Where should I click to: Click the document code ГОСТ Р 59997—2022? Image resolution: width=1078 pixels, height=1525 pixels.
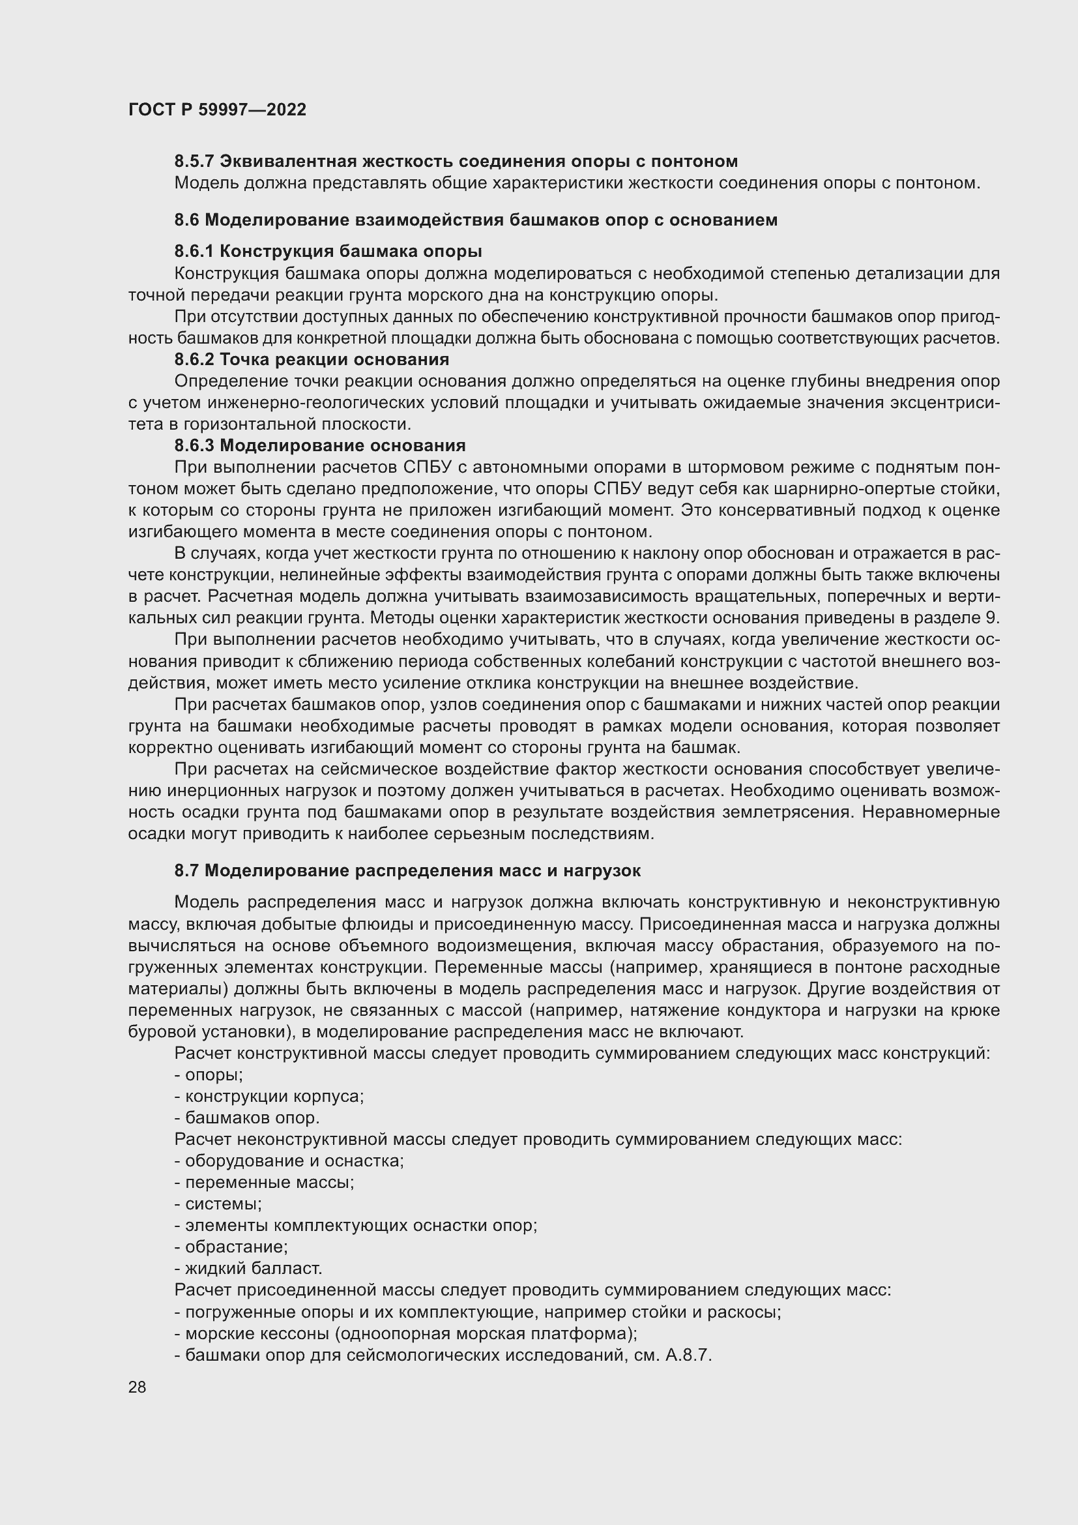click(217, 110)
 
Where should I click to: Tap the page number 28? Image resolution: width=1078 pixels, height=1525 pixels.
click(138, 1387)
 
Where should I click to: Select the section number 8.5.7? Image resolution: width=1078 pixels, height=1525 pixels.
click(194, 162)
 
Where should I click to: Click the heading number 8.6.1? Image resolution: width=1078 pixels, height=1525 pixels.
click(194, 251)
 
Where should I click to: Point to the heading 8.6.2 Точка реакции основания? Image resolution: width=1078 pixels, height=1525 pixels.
click(312, 359)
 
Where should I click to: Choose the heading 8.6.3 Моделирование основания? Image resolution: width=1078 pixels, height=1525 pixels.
click(320, 445)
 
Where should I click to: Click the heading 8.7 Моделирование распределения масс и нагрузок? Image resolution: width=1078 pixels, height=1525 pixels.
click(407, 870)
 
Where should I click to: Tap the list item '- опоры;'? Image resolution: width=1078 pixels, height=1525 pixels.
click(209, 1074)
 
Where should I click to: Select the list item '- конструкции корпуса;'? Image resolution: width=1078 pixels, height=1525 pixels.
click(269, 1096)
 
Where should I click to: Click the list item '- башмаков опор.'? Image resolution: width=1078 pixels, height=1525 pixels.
click(247, 1118)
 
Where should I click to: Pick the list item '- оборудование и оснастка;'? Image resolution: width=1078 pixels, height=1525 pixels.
click(289, 1161)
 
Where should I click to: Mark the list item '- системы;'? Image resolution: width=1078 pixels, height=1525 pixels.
click(218, 1204)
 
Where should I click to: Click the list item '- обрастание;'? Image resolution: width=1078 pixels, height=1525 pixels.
click(230, 1247)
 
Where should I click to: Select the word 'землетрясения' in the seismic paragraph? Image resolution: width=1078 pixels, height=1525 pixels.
click(793, 812)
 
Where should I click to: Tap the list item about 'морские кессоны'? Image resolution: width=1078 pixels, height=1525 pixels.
click(405, 1333)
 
